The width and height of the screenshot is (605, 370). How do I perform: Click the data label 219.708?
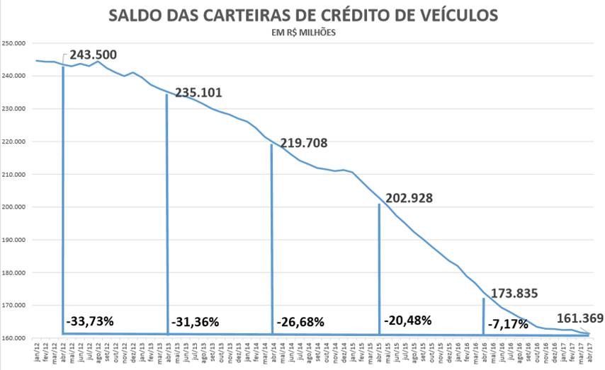(x=303, y=143)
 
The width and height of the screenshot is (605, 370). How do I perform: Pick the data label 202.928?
(x=409, y=197)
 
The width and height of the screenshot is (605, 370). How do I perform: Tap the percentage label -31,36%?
(x=196, y=322)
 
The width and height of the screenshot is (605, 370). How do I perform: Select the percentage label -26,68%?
(x=301, y=322)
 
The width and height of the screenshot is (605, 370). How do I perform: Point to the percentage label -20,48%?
(x=408, y=320)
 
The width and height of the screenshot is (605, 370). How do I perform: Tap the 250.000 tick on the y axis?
(x=14, y=43)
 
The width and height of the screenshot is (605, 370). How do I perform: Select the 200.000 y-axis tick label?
(x=14, y=207)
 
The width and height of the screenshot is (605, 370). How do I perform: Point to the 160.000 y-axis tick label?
(x=14, y=338)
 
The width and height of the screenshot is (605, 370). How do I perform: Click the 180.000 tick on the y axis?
(x=14, y=273)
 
